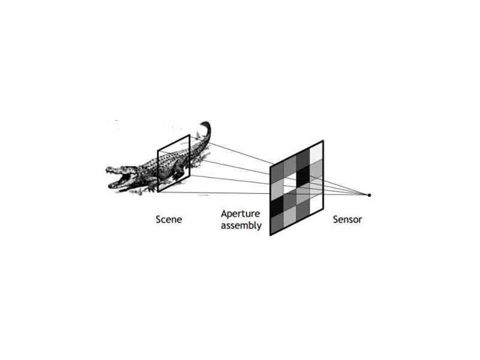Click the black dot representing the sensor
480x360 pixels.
(369, 195)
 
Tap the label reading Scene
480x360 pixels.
(169, 220)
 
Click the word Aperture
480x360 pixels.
(241, 214)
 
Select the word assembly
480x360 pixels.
(241, 226)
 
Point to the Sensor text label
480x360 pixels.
(347, 220)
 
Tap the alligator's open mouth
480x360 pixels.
(122, 178)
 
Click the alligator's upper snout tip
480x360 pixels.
(108, 169)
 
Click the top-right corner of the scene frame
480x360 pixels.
(190, 135)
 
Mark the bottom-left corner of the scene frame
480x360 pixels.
(158, 192)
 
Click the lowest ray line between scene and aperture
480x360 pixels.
(214, 193)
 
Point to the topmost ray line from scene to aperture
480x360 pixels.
(230, 150)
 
